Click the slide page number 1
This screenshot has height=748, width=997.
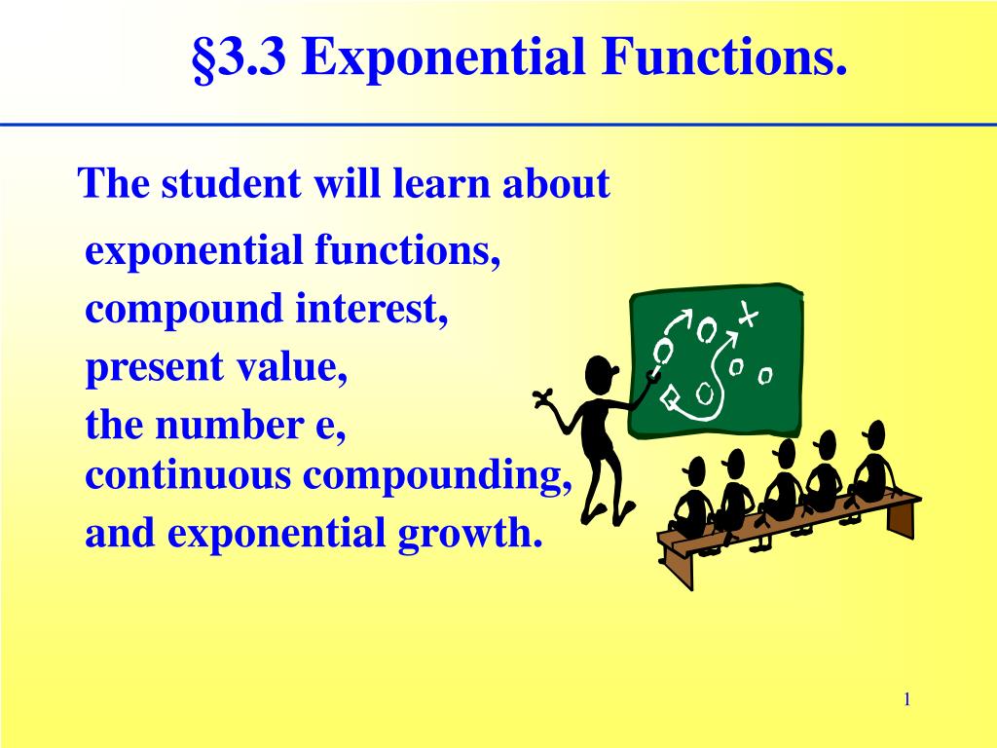(x=906, y=699)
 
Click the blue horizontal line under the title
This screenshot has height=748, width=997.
(x=498, y=126)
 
